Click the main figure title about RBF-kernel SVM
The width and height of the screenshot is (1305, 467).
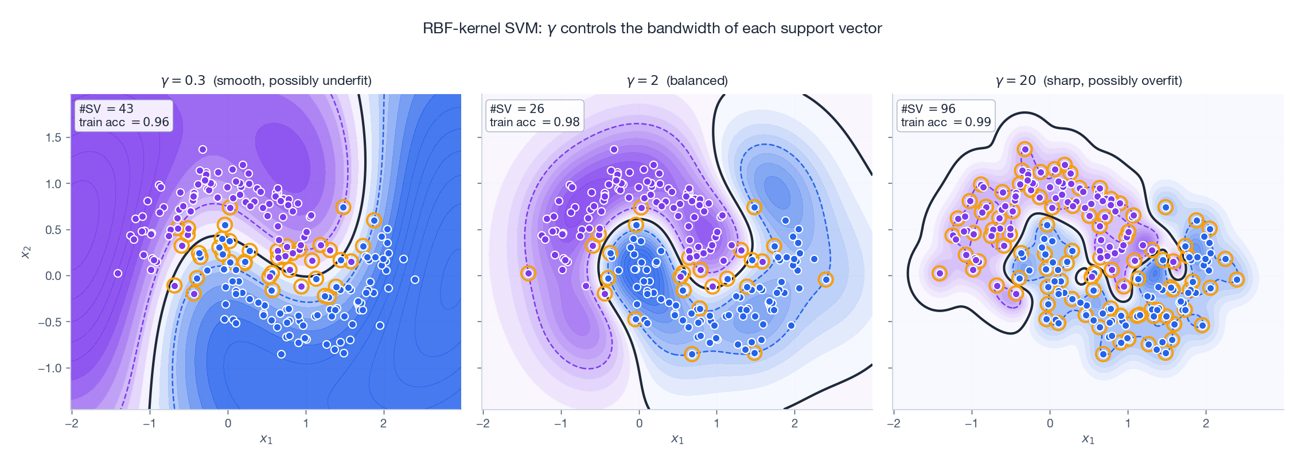tap(652, 28)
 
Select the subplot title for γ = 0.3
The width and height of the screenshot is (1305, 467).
tap(266, 80)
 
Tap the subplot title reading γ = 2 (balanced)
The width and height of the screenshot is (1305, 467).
tap(677, 80)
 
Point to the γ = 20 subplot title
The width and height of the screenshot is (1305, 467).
tap(1088, 80)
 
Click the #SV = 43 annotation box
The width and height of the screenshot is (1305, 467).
tap(124, 115)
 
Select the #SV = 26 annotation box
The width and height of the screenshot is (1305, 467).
tap(535, 115)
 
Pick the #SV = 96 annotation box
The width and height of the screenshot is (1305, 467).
tap(945, 115)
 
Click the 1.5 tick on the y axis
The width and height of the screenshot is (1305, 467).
tap(53, 138)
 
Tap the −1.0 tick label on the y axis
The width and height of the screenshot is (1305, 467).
tap(49, 368)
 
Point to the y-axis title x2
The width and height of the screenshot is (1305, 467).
tap(25, 252)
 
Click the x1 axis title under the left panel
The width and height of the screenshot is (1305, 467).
tap(266, 439)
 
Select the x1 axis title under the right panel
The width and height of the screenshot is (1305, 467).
tap(1088, 439)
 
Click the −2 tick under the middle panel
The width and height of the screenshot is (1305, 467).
tap(483, 423)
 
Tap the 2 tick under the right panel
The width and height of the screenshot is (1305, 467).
tap(1206, 423)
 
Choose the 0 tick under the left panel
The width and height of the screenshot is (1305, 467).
tap(228, 423)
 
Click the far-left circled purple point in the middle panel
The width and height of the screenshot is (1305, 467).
tap(528, 274)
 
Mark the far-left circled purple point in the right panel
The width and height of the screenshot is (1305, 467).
tap(939, 274)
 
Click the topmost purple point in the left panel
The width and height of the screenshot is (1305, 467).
tap(202, 149)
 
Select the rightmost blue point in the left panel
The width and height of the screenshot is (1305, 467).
tap(415, 279)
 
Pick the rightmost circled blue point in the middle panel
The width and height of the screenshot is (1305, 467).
tap(826, 279)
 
